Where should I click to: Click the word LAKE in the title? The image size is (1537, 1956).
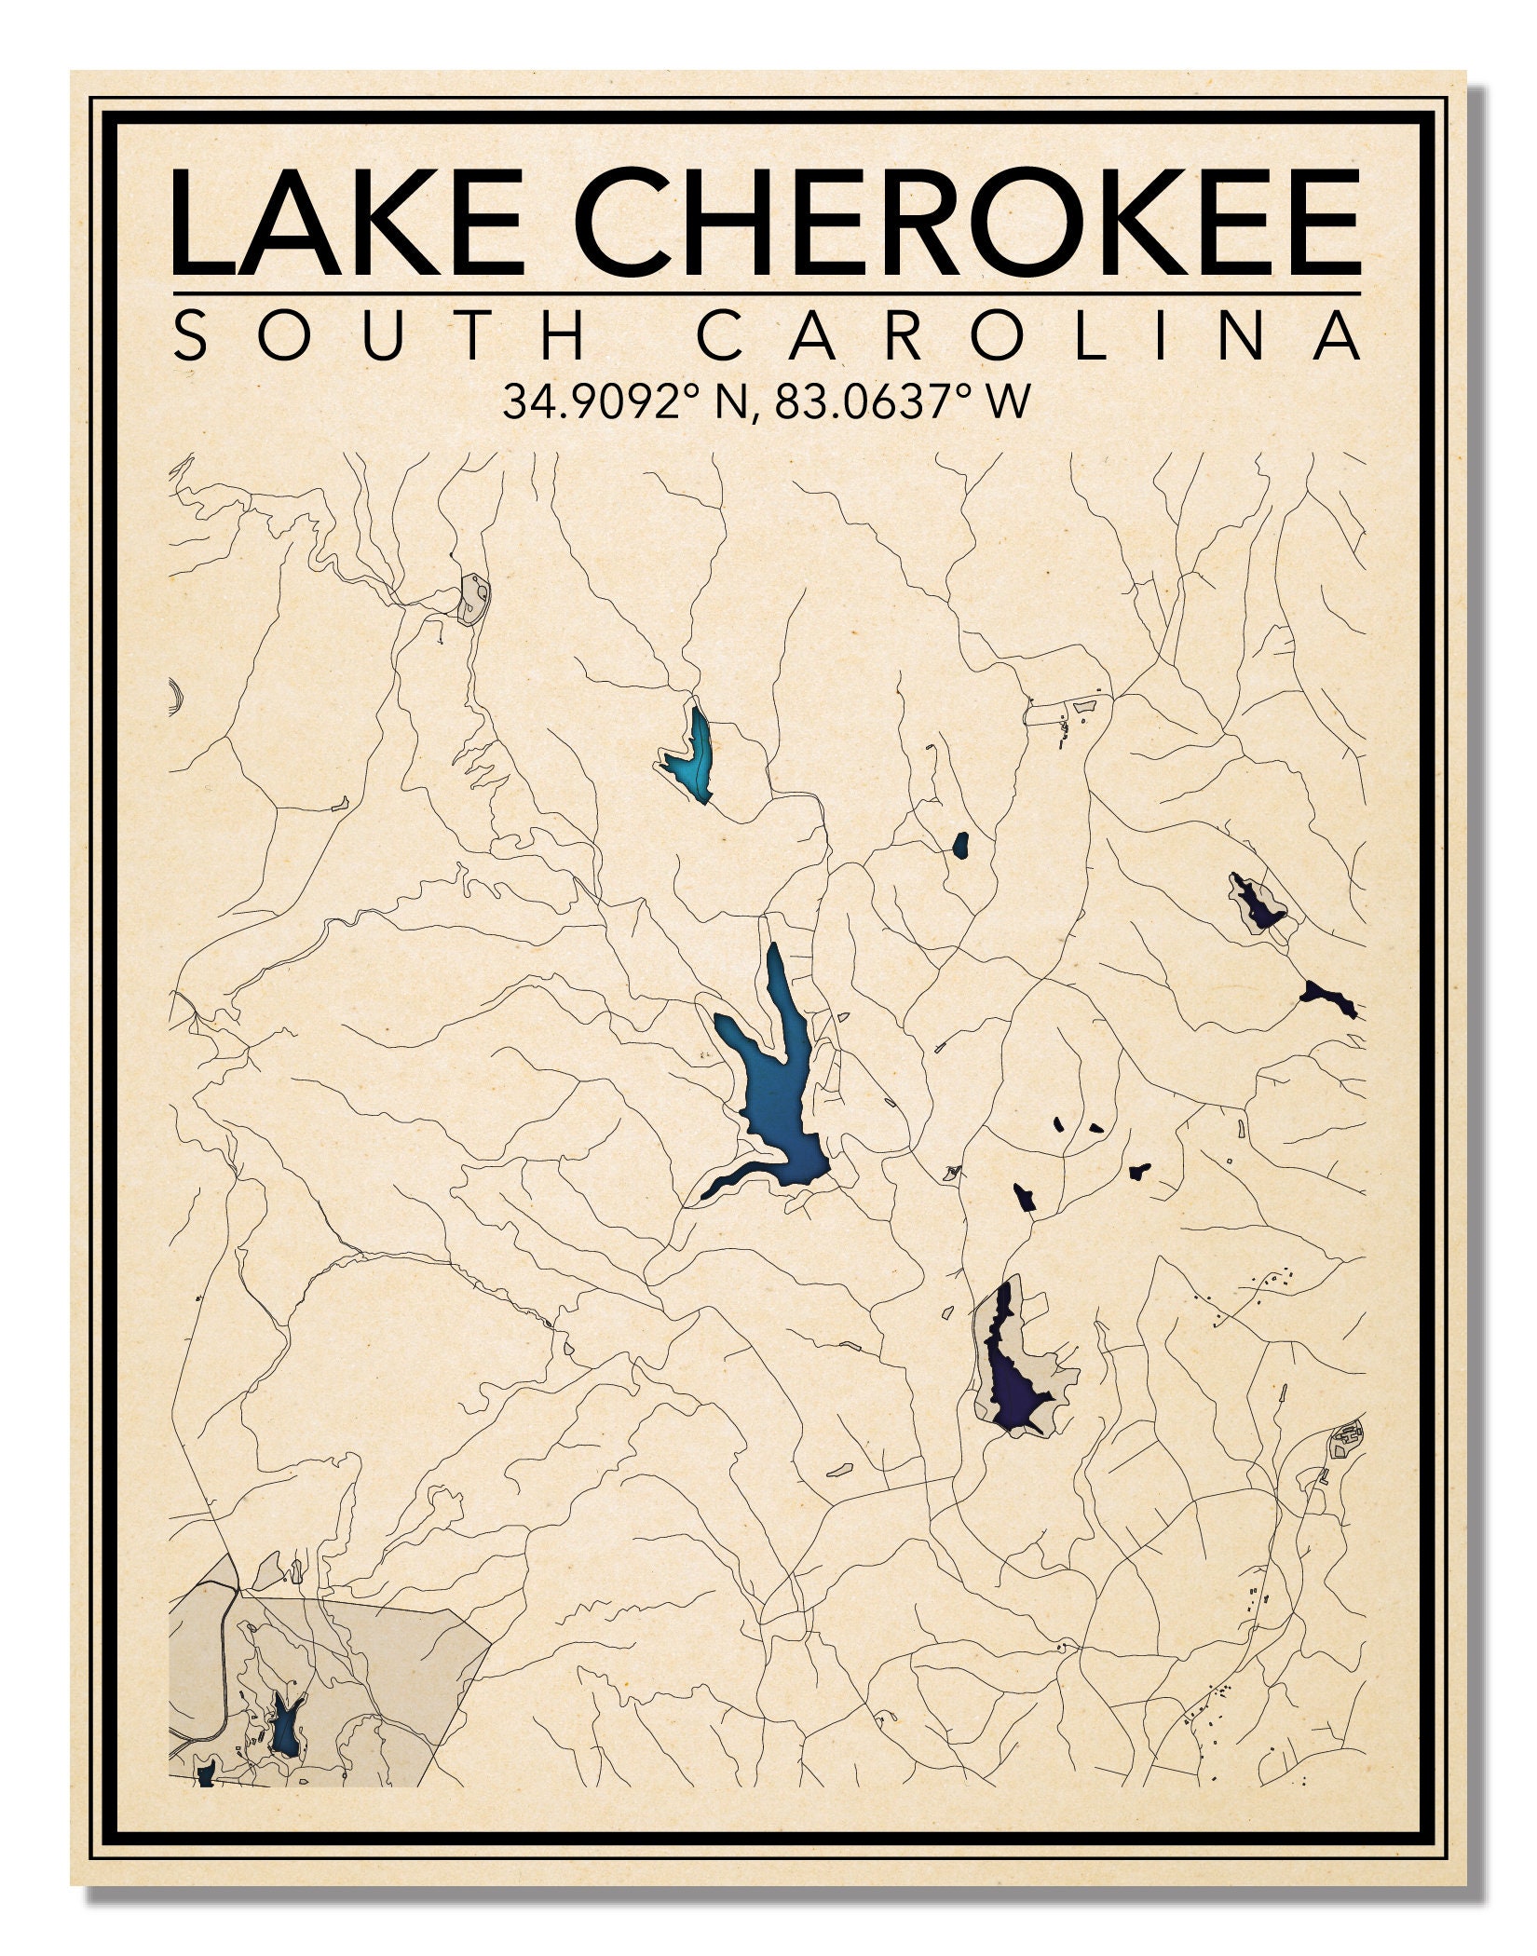[x=347, y=224]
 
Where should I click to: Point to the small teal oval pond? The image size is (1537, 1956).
[x=959, y=845]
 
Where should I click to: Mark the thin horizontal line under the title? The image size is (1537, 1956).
[x=766, y=293]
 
